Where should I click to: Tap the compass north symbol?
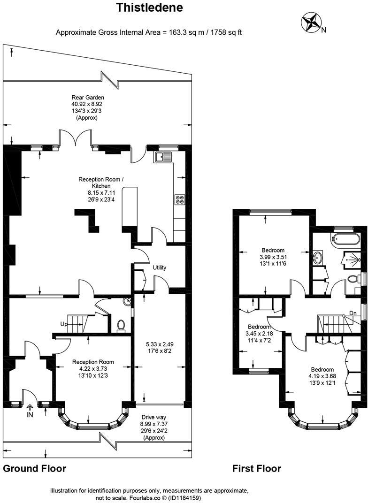[310, 22]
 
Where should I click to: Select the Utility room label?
[160, 267]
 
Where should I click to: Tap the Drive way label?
[154, 417]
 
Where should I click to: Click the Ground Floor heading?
[34, 468]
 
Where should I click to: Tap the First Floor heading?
[256, 468]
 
